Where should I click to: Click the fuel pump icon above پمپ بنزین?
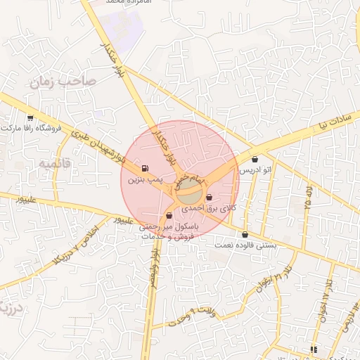point(145,169)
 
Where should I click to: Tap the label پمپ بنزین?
point(145,180)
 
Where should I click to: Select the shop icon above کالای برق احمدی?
point(209,199)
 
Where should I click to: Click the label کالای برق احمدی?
point(209,209)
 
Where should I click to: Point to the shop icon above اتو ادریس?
point(255,160)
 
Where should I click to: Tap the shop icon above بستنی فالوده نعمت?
point(245,235)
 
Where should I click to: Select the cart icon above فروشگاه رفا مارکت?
point(30,118)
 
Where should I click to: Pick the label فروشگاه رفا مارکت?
point(32,129)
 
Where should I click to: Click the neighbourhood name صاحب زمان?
point(62,82)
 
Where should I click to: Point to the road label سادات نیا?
point(332,124)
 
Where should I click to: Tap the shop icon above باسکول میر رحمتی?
point(168,216)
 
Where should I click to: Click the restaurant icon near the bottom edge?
point(314,349)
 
